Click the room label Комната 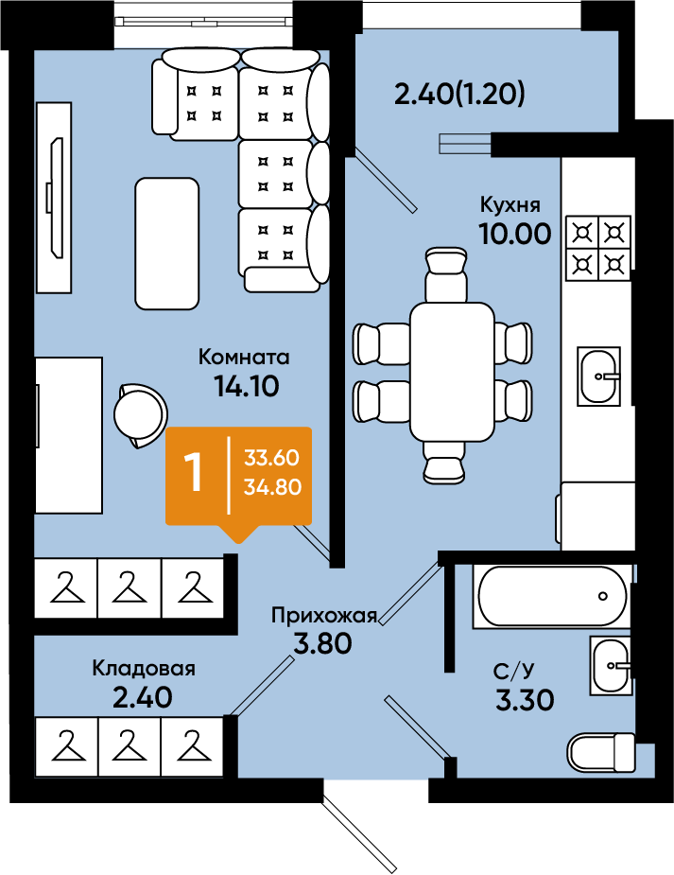(x=244, y=357)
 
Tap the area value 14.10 (x=247, y=386)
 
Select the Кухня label (x=510, y=205)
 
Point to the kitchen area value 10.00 (x=515, y=234)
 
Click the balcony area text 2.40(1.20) (x=459, y=95)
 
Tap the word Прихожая (x=324, y=616)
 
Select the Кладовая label (x=144, y=668)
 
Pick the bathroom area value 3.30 (x=525, y=700)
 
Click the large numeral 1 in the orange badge (x=194, y=471)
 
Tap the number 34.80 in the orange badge (x=272, y=486)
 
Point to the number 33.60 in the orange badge (x=271, y=458)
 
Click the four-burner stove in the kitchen (x=598, y=247)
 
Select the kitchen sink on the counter (x=598, y=376)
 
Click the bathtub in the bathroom (x=552, y=596)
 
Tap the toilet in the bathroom (x=601, y=751)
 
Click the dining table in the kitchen (x=452, y=372)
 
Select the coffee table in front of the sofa (x=166, y=243)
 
